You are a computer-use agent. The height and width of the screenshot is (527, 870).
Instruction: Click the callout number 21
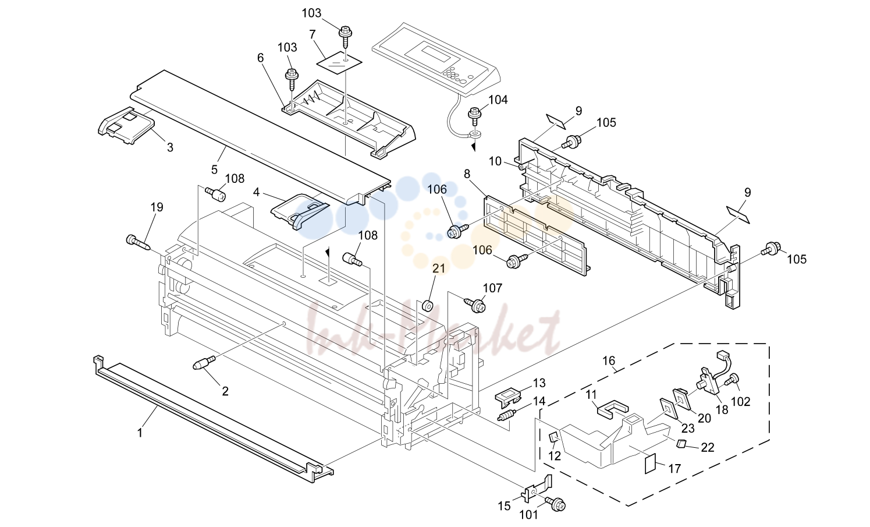click(x=439, y=268)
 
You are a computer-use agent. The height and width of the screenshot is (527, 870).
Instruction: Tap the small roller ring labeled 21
click(x=428, y=306)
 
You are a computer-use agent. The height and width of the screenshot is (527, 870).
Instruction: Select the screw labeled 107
click(x=475, y=305)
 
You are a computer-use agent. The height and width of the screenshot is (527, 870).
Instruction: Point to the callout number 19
click(x=157, y=207)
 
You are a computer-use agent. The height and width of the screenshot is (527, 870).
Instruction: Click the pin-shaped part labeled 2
click(x=204, y=363)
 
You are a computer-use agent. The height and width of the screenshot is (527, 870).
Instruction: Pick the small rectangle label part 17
click(x=650, y=464)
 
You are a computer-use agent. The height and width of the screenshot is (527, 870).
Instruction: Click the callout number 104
click(x=498, y=100)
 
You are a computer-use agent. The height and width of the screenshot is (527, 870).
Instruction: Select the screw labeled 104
click(x=475, y=116)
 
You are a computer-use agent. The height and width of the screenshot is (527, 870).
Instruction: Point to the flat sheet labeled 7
click(x=339, y=62)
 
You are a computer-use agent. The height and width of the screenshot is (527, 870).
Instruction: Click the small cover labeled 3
click(x=126, y=126)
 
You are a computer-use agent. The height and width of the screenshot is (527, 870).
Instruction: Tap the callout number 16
click(x=609, y=361)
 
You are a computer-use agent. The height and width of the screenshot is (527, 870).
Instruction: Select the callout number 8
click(x=467, y=174)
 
